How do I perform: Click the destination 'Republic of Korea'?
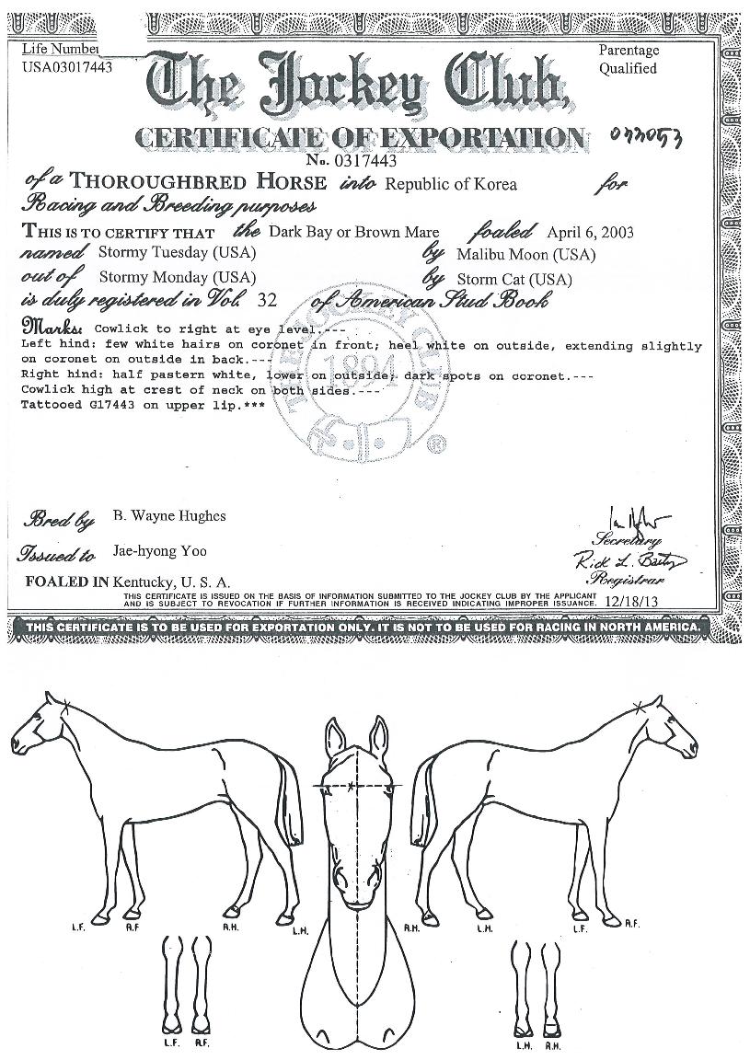tap(450, 184)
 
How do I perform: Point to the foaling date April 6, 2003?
tap(590, 232)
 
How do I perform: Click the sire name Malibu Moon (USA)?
tap(525, 254)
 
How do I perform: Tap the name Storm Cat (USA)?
tap(513, 279)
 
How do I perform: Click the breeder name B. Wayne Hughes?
tap(168, 516)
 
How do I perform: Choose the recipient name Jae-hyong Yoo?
tap(159, 551)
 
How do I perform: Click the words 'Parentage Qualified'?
tap(629, 60)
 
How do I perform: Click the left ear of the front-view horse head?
tap(334, 734)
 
